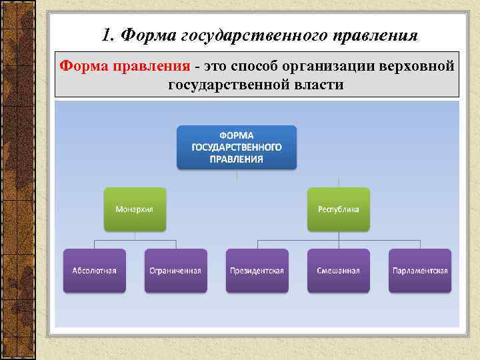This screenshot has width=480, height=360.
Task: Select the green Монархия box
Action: [135, 209]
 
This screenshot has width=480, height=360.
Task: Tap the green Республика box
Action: [338, 209]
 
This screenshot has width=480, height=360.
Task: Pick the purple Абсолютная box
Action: [94, 271]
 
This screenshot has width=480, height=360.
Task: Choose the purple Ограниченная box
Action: [175, 271]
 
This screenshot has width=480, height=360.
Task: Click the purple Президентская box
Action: [257, 271]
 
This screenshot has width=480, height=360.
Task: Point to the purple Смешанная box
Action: [338, 271]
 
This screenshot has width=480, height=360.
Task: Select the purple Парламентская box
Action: [419, 271]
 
